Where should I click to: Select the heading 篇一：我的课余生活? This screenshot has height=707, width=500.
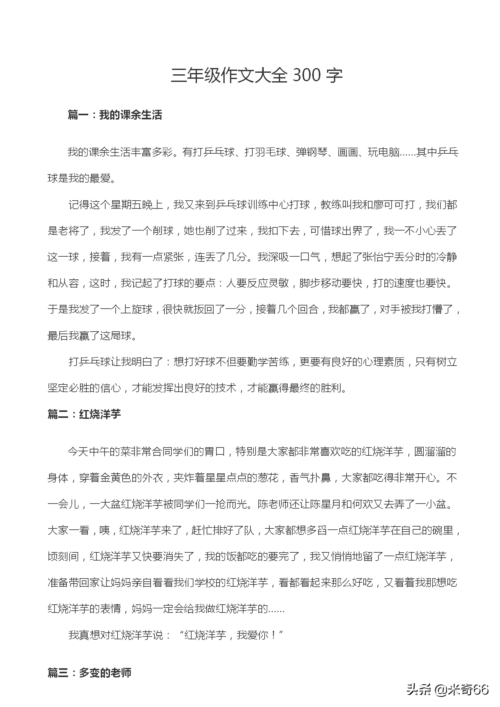115,115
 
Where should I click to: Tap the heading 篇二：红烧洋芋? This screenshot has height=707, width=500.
84,414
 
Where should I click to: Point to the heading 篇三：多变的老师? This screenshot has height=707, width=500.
89,673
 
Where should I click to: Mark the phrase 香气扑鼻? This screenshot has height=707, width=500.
310,478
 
